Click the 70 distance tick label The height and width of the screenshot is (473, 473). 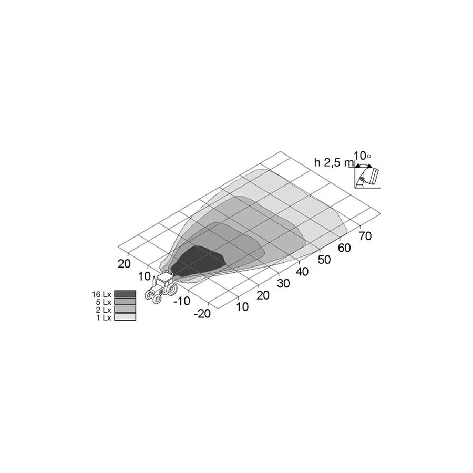pos(365,236)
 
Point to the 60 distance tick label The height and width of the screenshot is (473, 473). pos(344,248)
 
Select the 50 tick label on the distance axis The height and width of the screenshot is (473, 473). pos(324,260)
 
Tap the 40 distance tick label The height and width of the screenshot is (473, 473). pos(302,272)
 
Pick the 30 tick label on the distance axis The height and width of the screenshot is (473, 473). pos(283,283)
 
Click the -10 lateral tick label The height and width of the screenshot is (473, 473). pos(182,301)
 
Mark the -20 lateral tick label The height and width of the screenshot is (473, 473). pos(202,314)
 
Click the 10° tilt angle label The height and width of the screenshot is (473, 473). pos(362,156)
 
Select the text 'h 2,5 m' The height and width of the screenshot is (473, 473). pos(334,162)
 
